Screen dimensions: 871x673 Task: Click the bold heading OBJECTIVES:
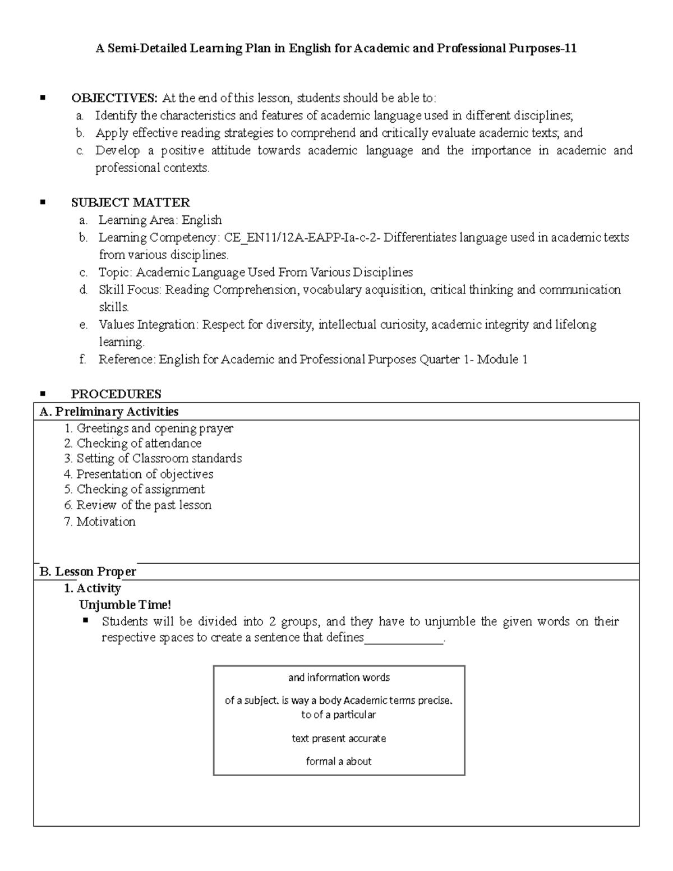(114, 98)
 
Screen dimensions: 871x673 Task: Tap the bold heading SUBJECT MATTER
(130, 202)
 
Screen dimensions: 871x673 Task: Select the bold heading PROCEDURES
(116, 394)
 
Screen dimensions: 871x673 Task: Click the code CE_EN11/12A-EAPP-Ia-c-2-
(302, 238)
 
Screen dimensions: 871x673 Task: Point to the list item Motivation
(106, 522)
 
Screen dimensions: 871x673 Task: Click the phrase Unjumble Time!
(125, 605)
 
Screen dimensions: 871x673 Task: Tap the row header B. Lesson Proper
(87, 572)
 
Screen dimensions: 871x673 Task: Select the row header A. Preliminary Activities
(109, 412)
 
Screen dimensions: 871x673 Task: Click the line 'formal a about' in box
(339, 762)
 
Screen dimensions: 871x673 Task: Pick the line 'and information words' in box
(339, 678)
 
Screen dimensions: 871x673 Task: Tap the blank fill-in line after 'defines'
(404, 639)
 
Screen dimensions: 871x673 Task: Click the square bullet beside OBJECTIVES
(42, 98)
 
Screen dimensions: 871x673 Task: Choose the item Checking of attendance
(139, 444)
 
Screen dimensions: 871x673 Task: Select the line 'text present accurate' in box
(339, 739)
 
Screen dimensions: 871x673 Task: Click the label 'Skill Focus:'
(130, 290)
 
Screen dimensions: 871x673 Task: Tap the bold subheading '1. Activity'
(93, 588)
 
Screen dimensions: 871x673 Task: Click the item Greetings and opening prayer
(155, 428)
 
